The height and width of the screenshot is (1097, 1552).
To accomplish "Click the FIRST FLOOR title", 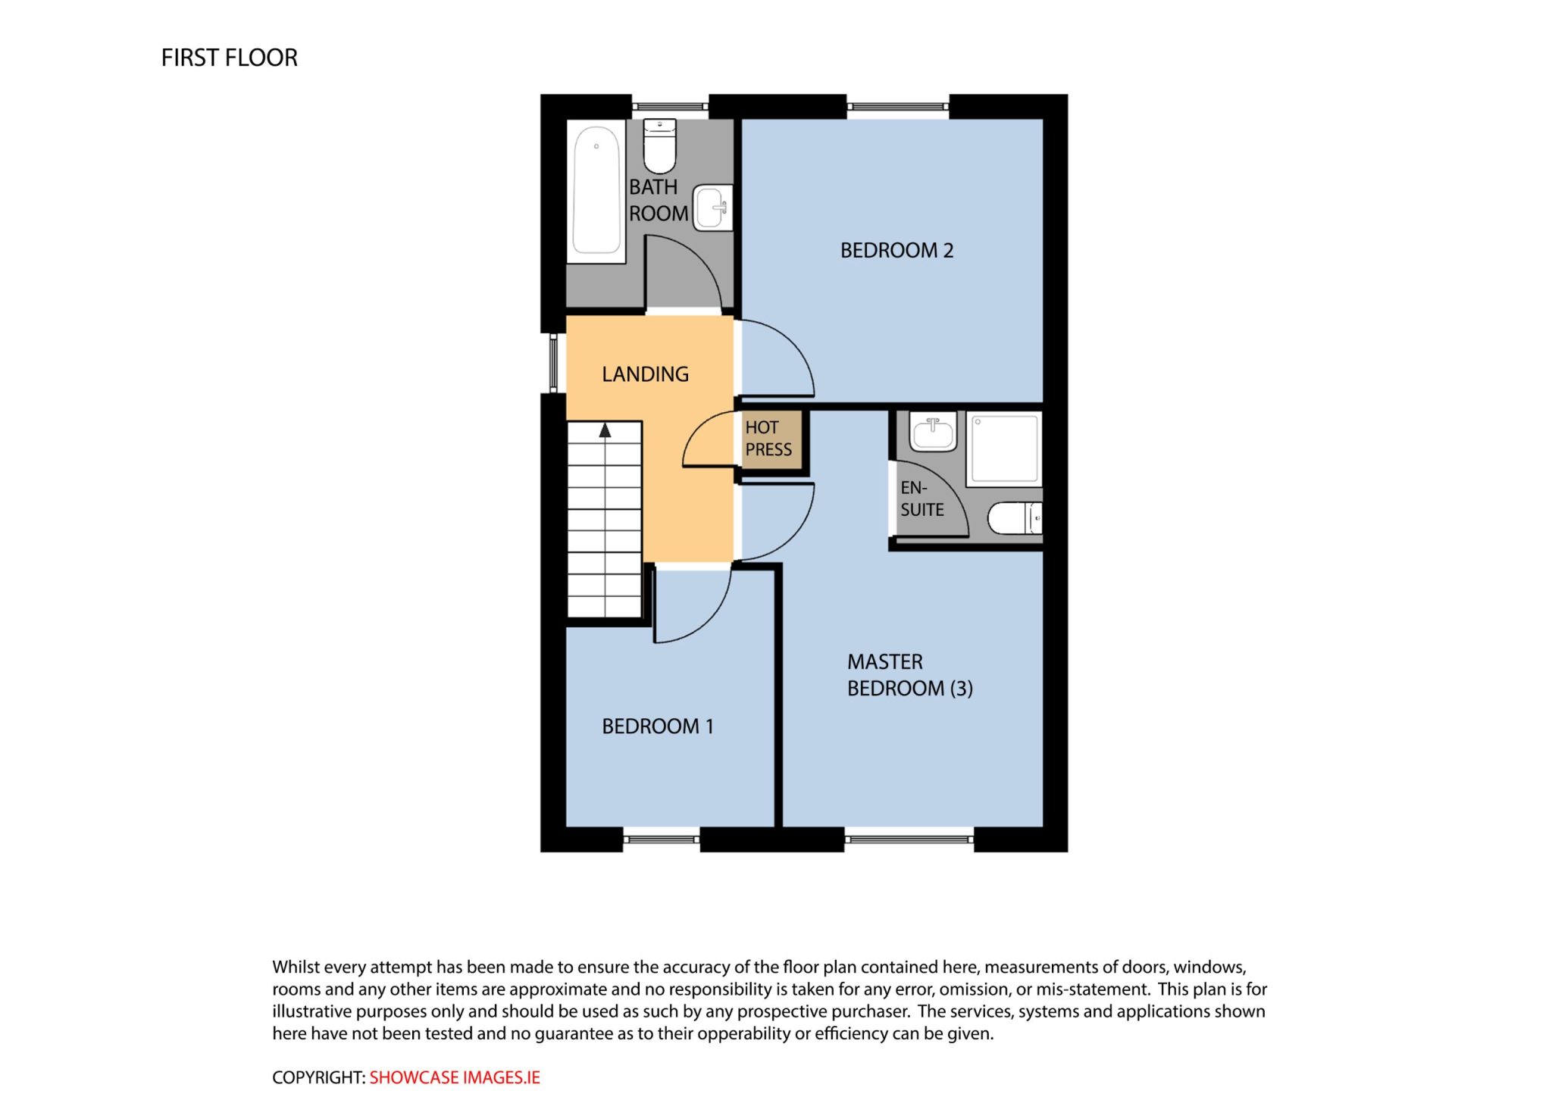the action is (x=229, y=58).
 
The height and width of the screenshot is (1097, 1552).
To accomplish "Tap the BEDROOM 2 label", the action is (x=896, y=250).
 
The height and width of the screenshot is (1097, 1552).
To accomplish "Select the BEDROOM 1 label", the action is (x=658, y=726).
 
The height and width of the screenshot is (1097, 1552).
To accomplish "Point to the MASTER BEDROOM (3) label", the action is (x=909, y=675).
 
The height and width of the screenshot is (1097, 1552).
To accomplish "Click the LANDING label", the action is (x=645, y=374).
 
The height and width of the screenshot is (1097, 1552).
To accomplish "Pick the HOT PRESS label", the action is (x=768, y=439).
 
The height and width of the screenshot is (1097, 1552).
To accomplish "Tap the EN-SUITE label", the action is (x=921, y=498).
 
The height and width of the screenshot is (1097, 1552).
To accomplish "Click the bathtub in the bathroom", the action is (x=596, y=191).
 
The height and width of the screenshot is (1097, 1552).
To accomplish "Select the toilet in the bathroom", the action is (x=659, y=146).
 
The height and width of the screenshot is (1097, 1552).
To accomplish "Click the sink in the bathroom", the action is (x=713, y=207).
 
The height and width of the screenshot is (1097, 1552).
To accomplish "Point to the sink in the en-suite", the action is (x=933, y=433).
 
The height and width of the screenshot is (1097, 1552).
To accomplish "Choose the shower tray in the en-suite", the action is (x=1004, y=448).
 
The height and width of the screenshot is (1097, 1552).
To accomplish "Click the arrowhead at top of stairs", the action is (x=605, y=430).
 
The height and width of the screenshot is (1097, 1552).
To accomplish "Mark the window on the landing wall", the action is (x=553, y=363).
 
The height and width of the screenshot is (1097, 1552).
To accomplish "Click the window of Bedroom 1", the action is (x=661, y=839).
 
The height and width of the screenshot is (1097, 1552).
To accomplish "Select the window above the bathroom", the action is (x=670, y=107).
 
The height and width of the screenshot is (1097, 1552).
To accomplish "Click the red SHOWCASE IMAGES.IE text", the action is (x=455, y=1077).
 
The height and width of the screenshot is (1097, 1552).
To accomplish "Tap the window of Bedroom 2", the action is (x=898, y=107).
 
